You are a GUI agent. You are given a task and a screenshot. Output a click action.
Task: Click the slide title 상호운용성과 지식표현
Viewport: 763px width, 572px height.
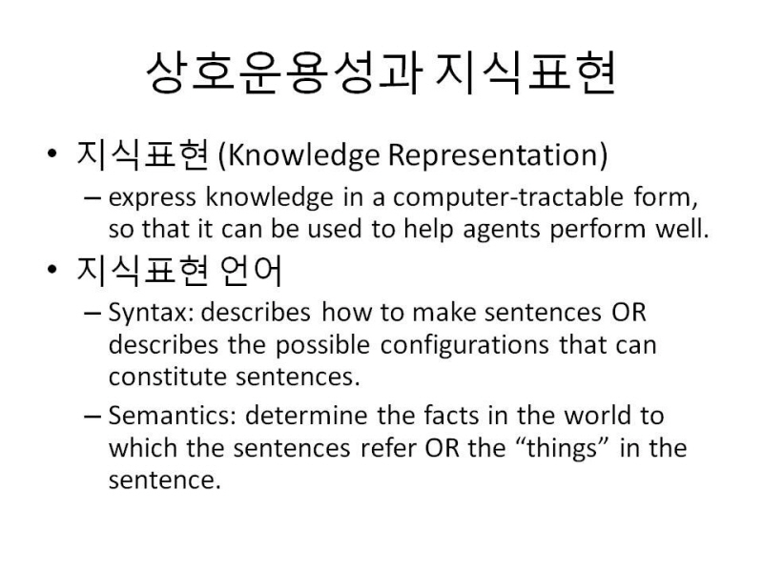click(381, 73)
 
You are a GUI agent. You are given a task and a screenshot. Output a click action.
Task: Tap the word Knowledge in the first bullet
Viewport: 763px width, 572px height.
click(302, 155)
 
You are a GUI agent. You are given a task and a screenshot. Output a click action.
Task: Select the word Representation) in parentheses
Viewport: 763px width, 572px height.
click(498, 155)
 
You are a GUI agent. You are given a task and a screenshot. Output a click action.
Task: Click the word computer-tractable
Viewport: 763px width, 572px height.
click(508, 197)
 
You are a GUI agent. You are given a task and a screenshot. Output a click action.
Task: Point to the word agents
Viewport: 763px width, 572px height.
click(502, 230)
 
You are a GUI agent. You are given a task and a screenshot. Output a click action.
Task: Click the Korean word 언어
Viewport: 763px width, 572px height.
click(251, 271)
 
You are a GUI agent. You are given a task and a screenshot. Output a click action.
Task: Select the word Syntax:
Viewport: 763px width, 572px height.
click(151, 314)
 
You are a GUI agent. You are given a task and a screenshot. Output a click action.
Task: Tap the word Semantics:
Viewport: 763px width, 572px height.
click(173, 416)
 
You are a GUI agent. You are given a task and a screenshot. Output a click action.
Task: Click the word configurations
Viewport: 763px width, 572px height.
click(464, 346)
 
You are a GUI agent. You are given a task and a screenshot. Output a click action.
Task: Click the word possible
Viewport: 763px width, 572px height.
click(322, 345)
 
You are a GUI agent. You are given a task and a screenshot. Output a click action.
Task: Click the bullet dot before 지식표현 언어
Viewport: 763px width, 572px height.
click(52, 270)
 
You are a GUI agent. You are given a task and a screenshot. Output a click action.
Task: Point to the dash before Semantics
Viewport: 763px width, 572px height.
click(92, 417)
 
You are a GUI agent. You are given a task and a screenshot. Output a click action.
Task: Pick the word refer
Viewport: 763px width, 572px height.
click(388, 448)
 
